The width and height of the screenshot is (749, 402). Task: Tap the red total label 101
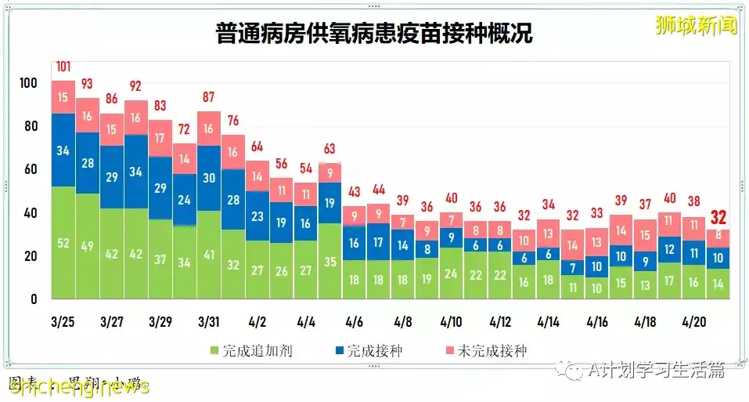click(x=63, y=66)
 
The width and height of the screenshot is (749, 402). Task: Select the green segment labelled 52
click(x=63, y=243)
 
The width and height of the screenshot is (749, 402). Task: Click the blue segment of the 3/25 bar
click(x=63, y=150)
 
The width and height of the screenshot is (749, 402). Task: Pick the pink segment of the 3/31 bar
click(x=208, y=129)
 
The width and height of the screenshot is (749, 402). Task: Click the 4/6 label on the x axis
click(x=354, y=321)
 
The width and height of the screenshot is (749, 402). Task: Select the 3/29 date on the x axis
click(x=160, y=321)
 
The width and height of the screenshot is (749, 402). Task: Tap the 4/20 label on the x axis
click(x=693, y=321)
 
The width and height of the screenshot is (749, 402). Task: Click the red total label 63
click(x=329, y=149)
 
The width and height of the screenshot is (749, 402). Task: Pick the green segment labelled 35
click(x=329, y=262)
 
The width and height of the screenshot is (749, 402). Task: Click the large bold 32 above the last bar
click(x=718, y=217)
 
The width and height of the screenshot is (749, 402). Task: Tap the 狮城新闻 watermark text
click(x=695, y=26)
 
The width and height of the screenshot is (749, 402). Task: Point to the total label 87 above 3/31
click(x=208, y=97)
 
